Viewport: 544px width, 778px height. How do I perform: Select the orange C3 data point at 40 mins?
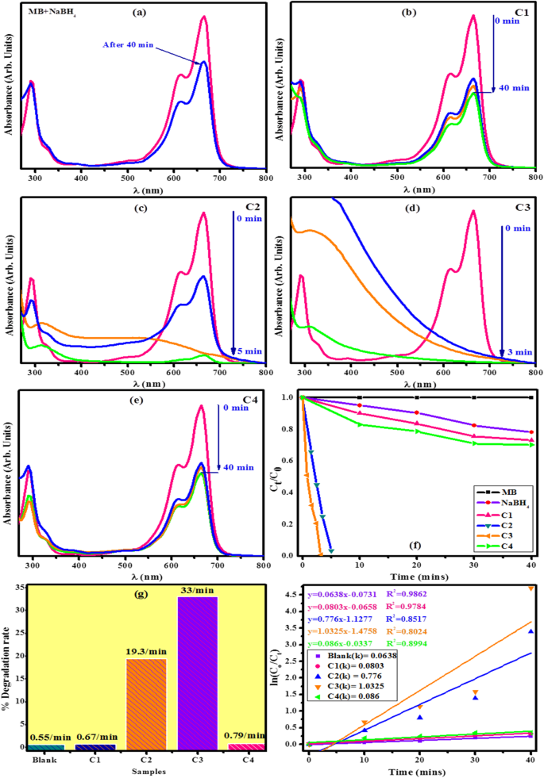point(530,588)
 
